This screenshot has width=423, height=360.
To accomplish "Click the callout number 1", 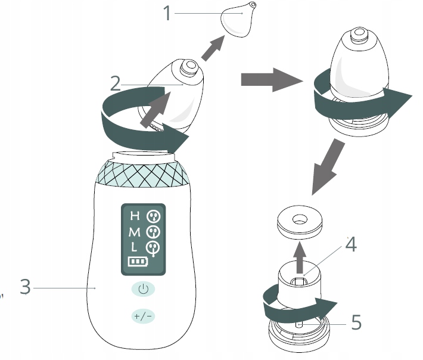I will tap(167, 13).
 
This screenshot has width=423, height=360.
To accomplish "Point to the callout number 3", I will tap(24, 287).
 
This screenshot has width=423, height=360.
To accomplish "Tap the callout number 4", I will tap(352, 244).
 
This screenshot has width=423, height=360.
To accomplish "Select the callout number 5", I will tap(356, 322).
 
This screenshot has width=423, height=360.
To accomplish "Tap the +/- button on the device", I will tap(143, 316).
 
